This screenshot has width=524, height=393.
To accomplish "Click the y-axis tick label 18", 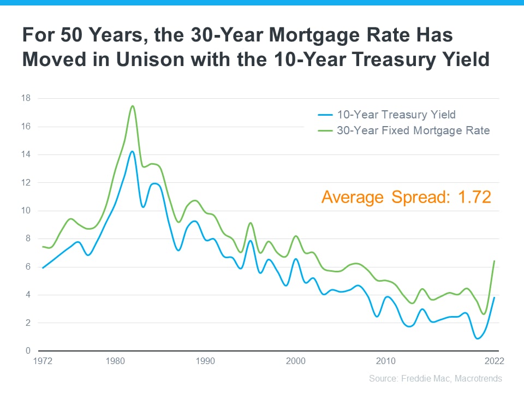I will [x=26, y=98].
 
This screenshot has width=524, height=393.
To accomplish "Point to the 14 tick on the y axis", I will [x=26, y=154].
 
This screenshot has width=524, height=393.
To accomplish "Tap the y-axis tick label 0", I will [x=28, y=350].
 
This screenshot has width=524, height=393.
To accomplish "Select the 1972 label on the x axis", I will [x=42, y=361].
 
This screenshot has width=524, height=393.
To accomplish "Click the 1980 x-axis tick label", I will [x=115, y=361].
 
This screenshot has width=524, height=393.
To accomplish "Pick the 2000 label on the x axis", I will [x=295, y=361].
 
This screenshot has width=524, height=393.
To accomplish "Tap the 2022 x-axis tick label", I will [x=494, y=361].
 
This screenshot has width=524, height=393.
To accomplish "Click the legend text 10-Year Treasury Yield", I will [x=396, y=115].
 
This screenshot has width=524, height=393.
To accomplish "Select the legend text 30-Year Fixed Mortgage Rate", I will [x=413, y=130].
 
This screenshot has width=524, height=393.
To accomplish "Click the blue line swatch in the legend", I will [x=325, y=115].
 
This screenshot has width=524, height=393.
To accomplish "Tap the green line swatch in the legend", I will [x=325, y=130].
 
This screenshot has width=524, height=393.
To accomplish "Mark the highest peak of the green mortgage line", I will [x=133, y=106].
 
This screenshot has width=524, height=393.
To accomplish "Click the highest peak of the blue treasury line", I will [x=132, y=151].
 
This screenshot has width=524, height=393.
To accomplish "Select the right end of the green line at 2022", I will [x=494, y=261].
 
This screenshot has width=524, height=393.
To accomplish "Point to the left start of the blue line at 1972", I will [x=42, y=268].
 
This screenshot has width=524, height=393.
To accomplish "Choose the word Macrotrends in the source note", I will [x=478, y=378].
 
